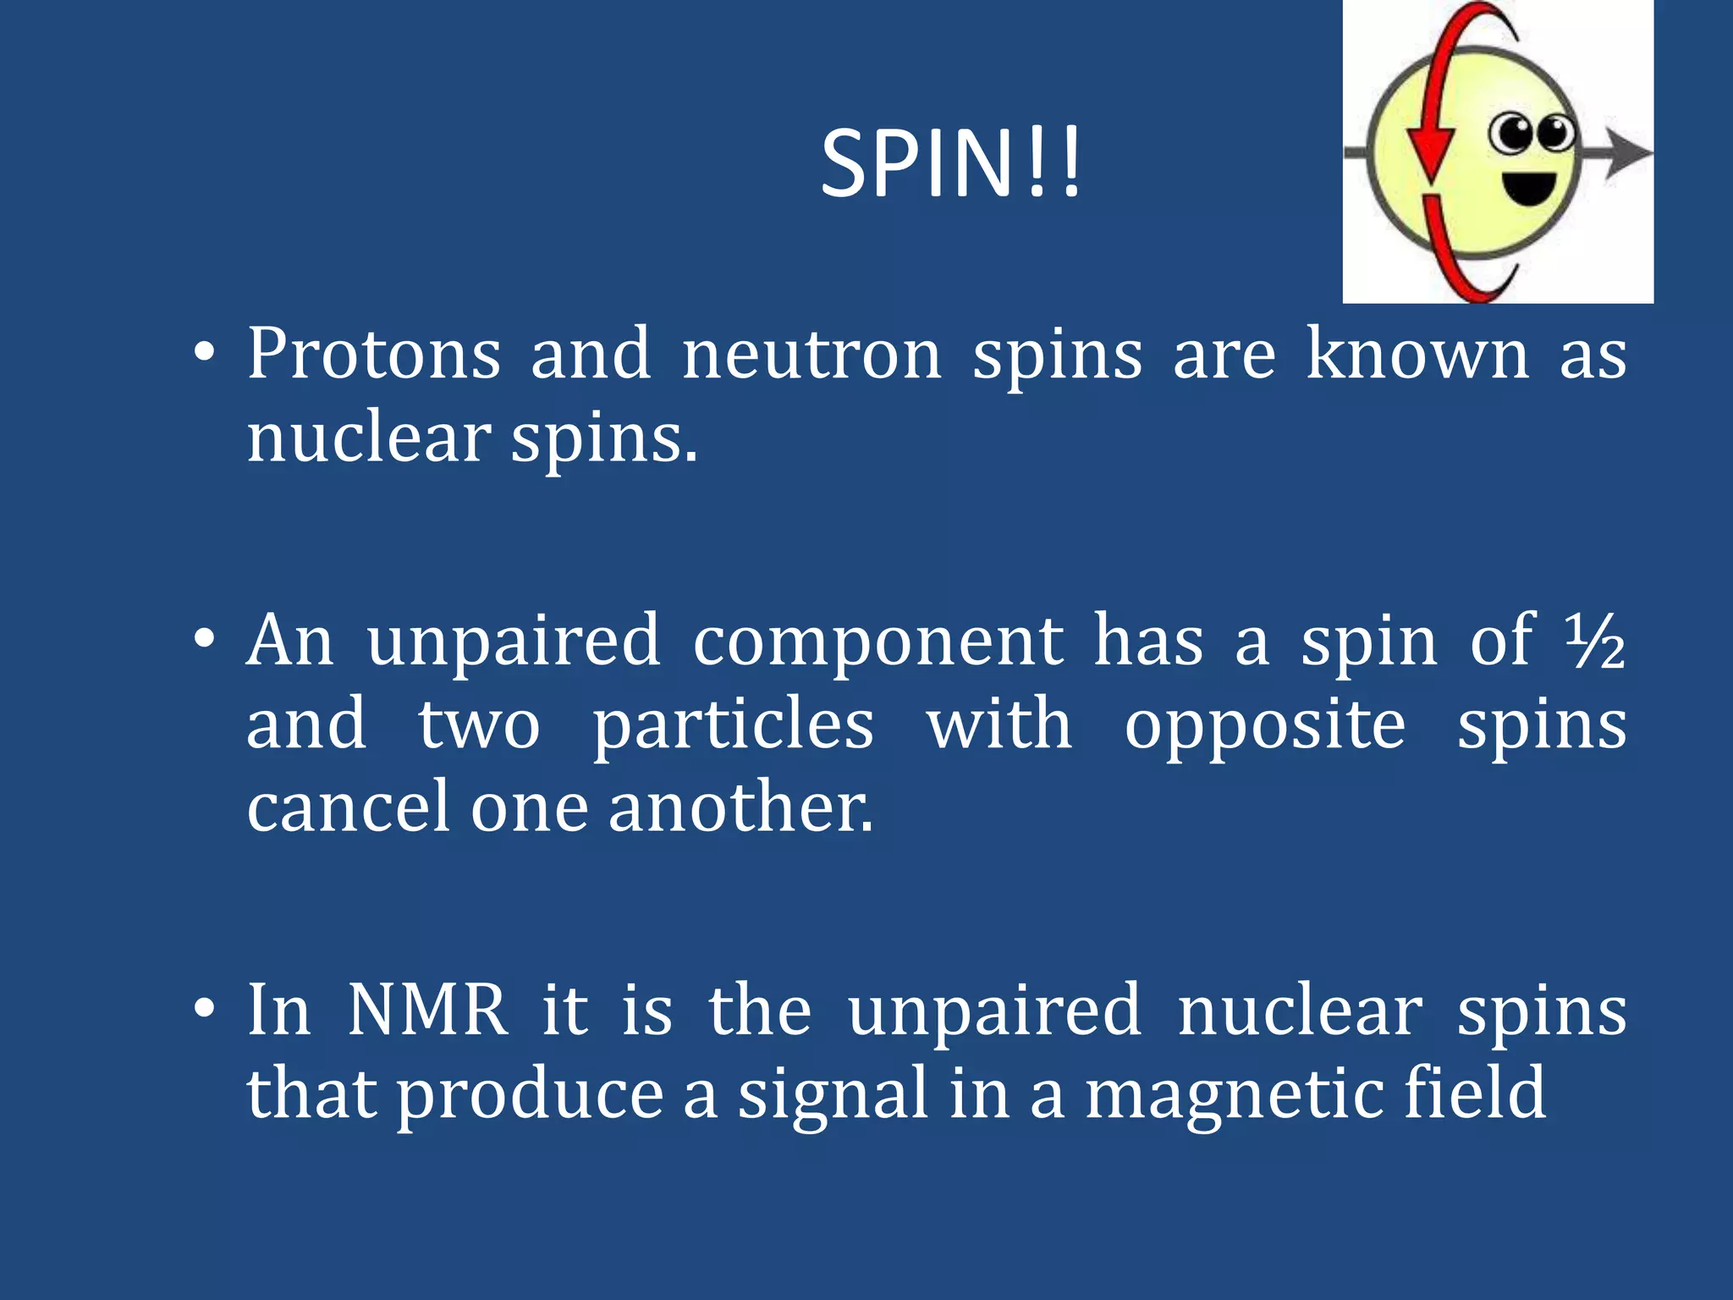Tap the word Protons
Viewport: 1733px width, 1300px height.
pos(373,355)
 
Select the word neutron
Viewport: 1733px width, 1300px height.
pos(811,355)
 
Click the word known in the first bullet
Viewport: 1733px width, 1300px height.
pos(1417,353)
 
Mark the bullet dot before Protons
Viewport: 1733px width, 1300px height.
pos(203,353)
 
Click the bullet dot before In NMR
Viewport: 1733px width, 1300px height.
pos(203,1009)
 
